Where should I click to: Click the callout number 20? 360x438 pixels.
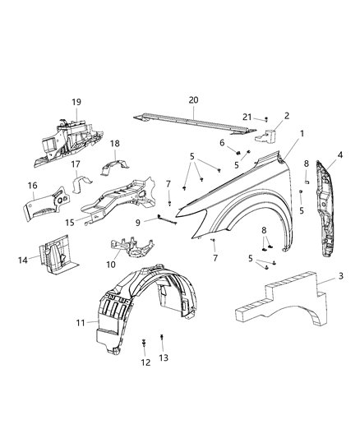coord(193,100)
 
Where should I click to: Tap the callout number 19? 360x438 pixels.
coord(76,102)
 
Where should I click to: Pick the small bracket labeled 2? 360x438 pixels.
coord(275,137)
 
